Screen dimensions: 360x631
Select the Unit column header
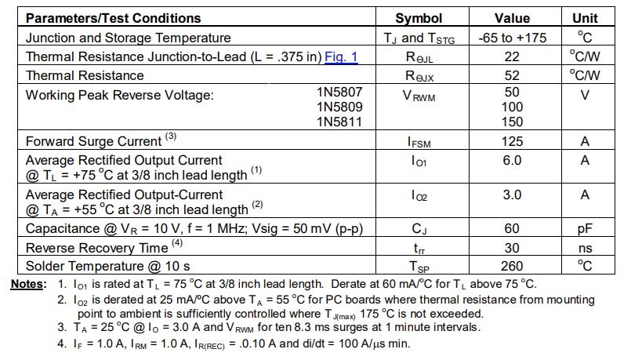584,18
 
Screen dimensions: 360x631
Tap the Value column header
512,18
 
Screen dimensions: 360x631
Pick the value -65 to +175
512,38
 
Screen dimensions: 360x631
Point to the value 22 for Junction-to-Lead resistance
512,56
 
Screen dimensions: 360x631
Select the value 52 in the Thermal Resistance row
512,75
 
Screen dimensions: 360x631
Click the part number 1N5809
339,107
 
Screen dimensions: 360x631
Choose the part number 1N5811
339,122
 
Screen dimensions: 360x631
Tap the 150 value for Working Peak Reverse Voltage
512,122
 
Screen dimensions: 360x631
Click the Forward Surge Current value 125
512,142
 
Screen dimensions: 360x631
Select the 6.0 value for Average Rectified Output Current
512,161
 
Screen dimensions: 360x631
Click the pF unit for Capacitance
584,229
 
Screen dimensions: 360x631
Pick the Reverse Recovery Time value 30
512,247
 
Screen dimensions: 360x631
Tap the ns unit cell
584,247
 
